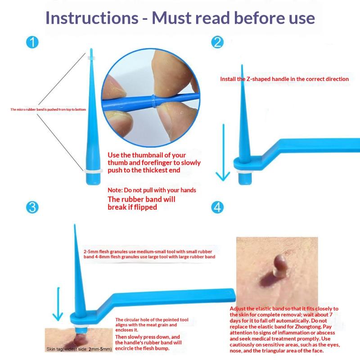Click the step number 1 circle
coord(32,42)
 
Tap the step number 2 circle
coord(217,42)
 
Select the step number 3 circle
coord(32,207)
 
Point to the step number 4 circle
coord(217,207)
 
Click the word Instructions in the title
coord(92,18)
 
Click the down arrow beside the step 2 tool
coord(223,153)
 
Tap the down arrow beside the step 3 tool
coord(58,304)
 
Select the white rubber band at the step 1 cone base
coord(93,171)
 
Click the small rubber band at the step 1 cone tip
coord(91,58)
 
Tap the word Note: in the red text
coord(115,190)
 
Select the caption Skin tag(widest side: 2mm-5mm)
coord(79,349)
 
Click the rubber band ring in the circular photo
coord(153,101)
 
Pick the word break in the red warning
coord(117,207)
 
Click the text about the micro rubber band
coord(48,109)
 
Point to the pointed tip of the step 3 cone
coord(74,225)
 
